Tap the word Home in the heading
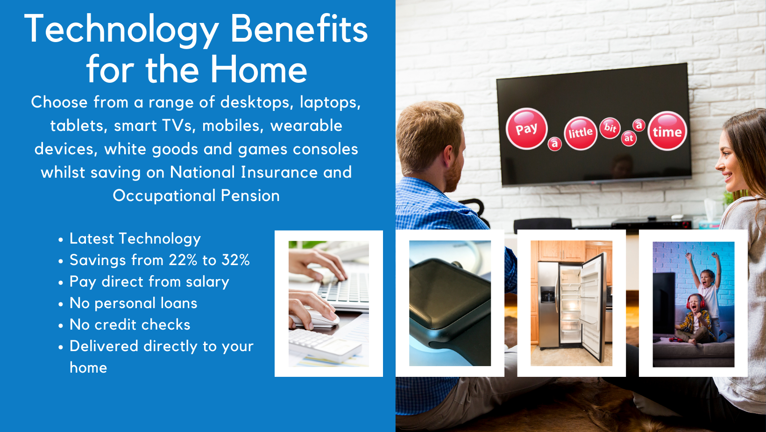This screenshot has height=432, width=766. coord(259,70)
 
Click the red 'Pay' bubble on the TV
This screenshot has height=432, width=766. coord(526,129)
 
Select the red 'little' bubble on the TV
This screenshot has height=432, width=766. coord(580,133)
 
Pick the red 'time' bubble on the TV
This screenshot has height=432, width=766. coord(667,131)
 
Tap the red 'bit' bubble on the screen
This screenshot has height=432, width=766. coord(610,128)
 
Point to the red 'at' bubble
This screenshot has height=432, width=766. coord(629,138)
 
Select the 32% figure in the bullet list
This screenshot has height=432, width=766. coord(235,260)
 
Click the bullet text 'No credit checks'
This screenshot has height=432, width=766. coord(130,324)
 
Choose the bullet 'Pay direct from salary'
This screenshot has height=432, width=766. coord(149,282)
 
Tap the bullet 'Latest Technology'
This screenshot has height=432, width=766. coord(135,239)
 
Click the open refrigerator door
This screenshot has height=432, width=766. coord(594,306)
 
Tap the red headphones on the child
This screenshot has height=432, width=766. coord(695,301)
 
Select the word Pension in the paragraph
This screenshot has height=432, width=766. coord(250,196)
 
